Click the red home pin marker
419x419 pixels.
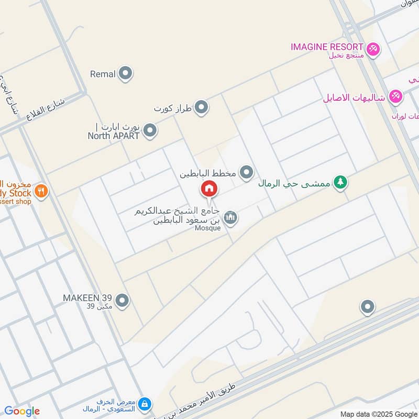208,189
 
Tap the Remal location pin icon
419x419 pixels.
125,74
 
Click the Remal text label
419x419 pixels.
103,74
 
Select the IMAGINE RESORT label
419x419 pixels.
327,47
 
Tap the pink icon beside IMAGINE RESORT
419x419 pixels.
373,49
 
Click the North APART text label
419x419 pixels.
114,136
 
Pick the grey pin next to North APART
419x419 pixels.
150,131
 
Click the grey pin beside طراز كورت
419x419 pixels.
202,108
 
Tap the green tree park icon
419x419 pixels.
341,183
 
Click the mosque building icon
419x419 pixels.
230,217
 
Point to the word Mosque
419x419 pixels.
208,228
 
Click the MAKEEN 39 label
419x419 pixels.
86,298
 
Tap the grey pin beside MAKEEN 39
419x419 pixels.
122,301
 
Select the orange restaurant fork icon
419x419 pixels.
42,191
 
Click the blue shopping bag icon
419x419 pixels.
146,404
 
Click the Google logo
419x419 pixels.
22,411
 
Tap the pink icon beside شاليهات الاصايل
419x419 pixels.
396,97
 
